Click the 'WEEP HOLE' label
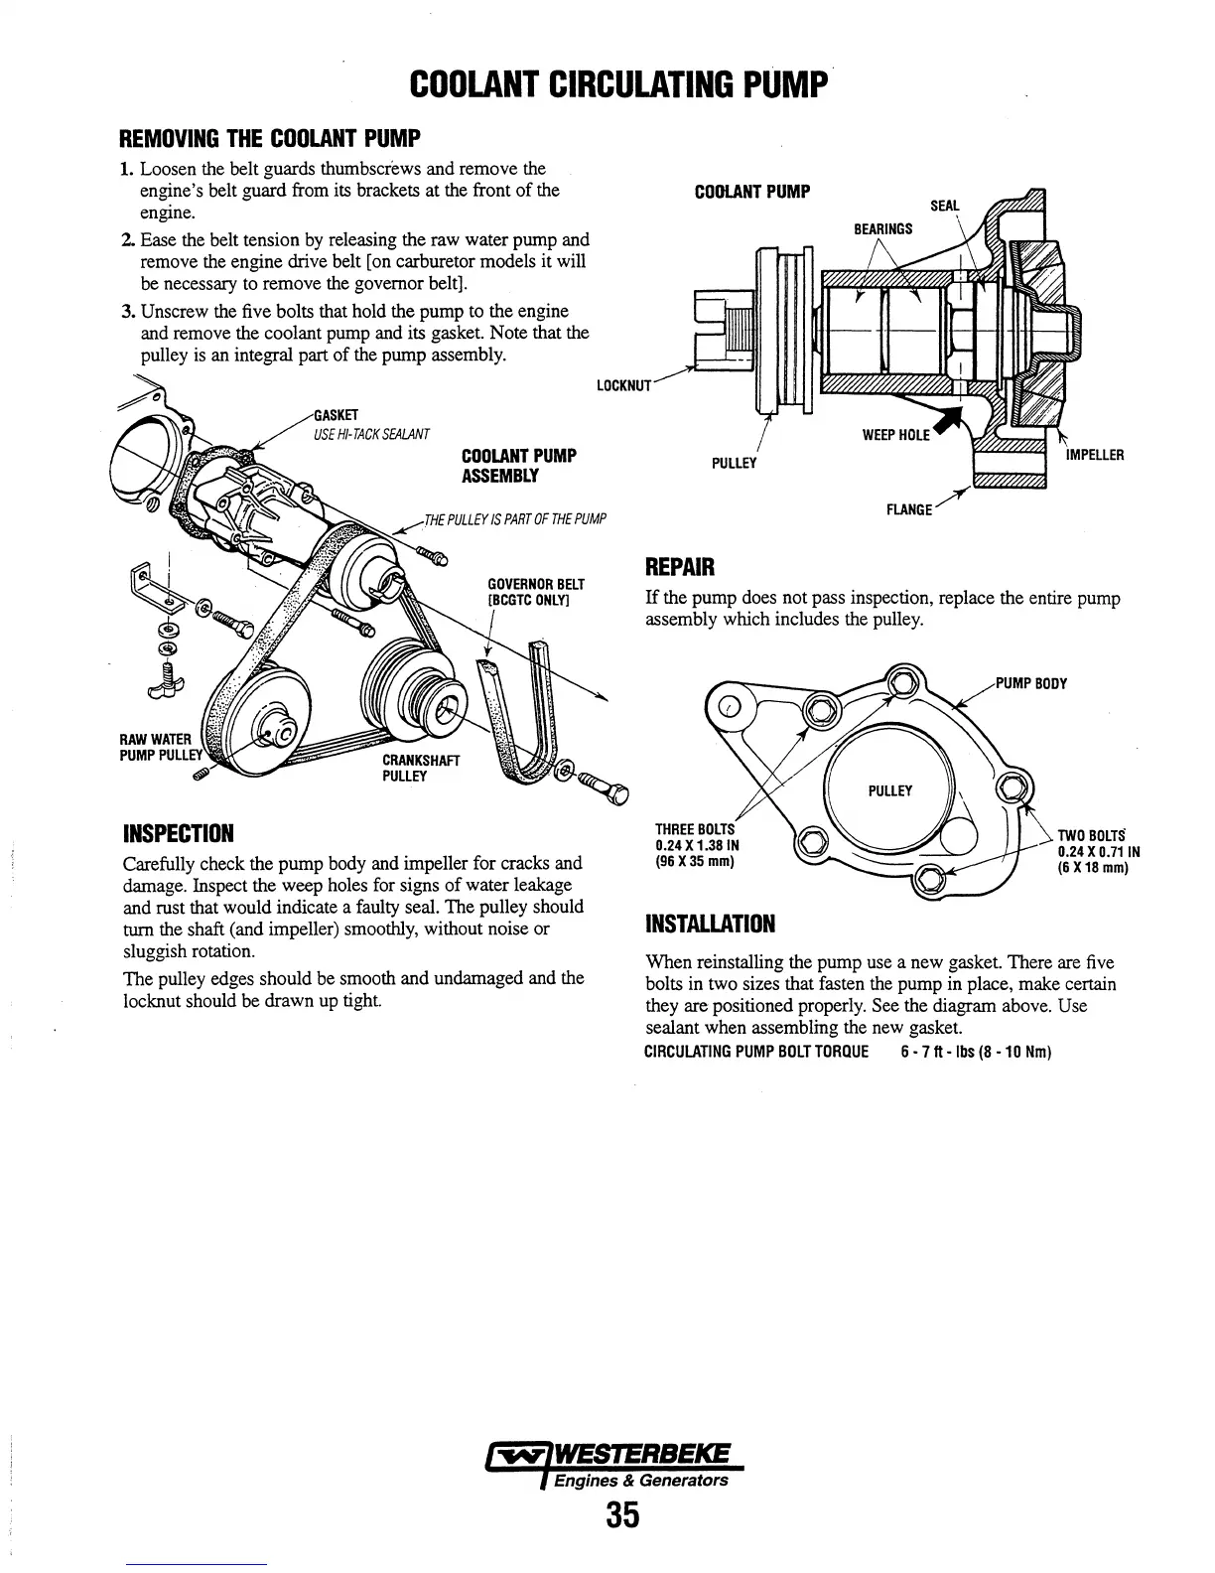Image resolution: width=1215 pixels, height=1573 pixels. point(895,435)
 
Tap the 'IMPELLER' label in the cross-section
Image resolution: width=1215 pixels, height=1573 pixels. point(1094,456)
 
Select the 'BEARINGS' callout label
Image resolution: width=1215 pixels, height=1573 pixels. point(882,229)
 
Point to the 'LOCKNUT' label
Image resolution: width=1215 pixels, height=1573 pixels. point(622,385)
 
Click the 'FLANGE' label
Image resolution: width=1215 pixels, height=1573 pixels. point(908,510)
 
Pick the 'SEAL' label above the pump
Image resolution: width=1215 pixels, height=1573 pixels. point(944,206)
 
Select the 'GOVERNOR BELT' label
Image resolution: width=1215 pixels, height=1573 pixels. point(536,591)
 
